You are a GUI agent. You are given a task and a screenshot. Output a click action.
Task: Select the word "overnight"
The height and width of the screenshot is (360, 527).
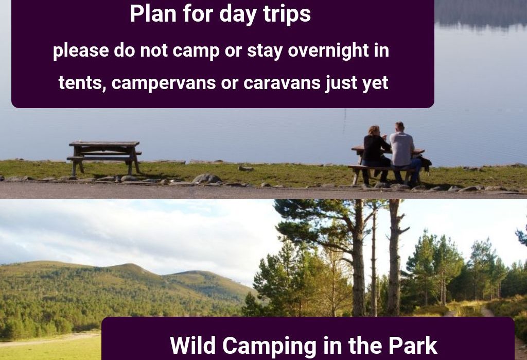coord(328,51)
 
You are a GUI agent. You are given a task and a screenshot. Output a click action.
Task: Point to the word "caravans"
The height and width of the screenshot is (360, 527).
coord(282,83)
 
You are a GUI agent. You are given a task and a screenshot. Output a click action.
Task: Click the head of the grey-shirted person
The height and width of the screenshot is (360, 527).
coord(399,127)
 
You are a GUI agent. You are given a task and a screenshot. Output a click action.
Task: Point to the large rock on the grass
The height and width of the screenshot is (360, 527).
coord(206,178)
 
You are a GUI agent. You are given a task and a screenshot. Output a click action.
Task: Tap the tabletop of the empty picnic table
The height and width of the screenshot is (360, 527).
coord(104,144)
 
